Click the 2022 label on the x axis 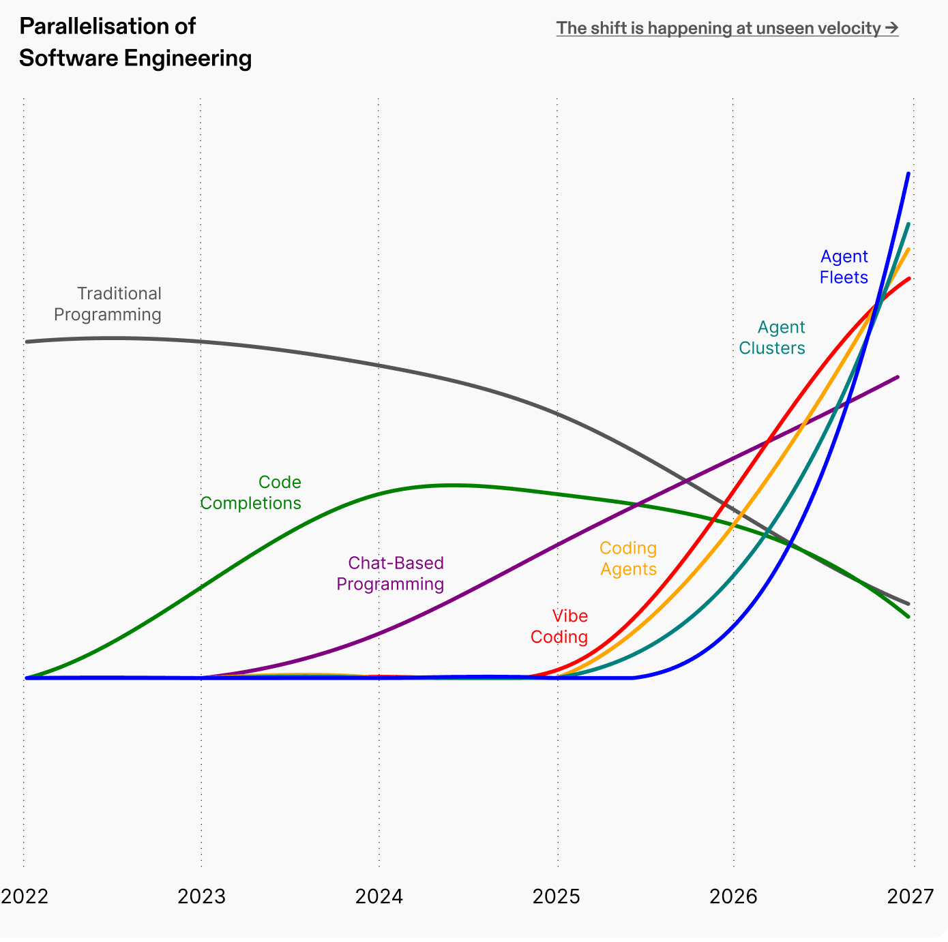25,896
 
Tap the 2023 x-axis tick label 201,896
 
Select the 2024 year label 379,896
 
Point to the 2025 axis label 557,896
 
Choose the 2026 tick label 734,896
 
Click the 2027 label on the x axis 910,896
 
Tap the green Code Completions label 251,493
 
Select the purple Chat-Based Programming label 390,573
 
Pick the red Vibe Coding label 559,626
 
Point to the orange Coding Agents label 628,558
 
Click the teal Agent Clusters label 772,337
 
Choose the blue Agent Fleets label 844,267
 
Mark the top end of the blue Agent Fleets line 908,174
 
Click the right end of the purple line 898,376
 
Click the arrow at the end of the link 891,28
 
